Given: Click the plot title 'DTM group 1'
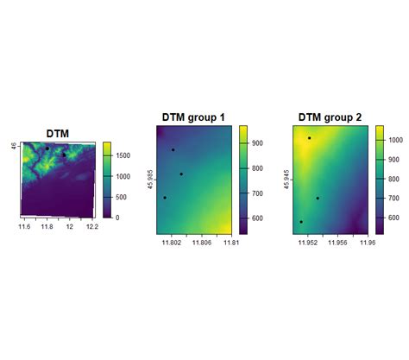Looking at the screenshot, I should coord(193,118).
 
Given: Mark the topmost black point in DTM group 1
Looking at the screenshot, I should coord(173,150).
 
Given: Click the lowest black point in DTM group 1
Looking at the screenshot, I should coord(165,198).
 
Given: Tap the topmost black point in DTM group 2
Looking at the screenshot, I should coord(309,138).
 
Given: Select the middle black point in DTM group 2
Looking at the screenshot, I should coord(318,199).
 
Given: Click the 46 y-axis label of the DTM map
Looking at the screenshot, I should coord(13,147).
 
